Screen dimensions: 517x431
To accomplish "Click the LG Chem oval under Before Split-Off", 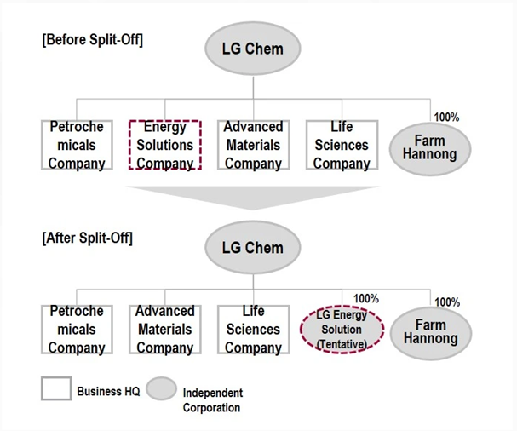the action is click(x=253, y=49).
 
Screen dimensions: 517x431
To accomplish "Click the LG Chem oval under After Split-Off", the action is click(x=253, y=247).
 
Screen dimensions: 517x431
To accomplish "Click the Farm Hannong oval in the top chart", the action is click(x=430, y=149).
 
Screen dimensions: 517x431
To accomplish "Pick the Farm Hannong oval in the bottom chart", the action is click(x=431, y=333).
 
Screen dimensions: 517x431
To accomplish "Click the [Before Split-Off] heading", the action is click(x=93, y=39).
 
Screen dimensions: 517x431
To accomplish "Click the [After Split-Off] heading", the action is click(x=88, y=238).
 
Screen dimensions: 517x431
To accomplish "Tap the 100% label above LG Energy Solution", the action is click(x=366, y=298).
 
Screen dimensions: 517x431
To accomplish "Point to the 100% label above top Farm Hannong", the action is click(x=446, y=117).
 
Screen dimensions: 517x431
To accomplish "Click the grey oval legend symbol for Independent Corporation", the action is click(x=161, y=388).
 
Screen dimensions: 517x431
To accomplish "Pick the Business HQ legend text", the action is click(x=108, y=392).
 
